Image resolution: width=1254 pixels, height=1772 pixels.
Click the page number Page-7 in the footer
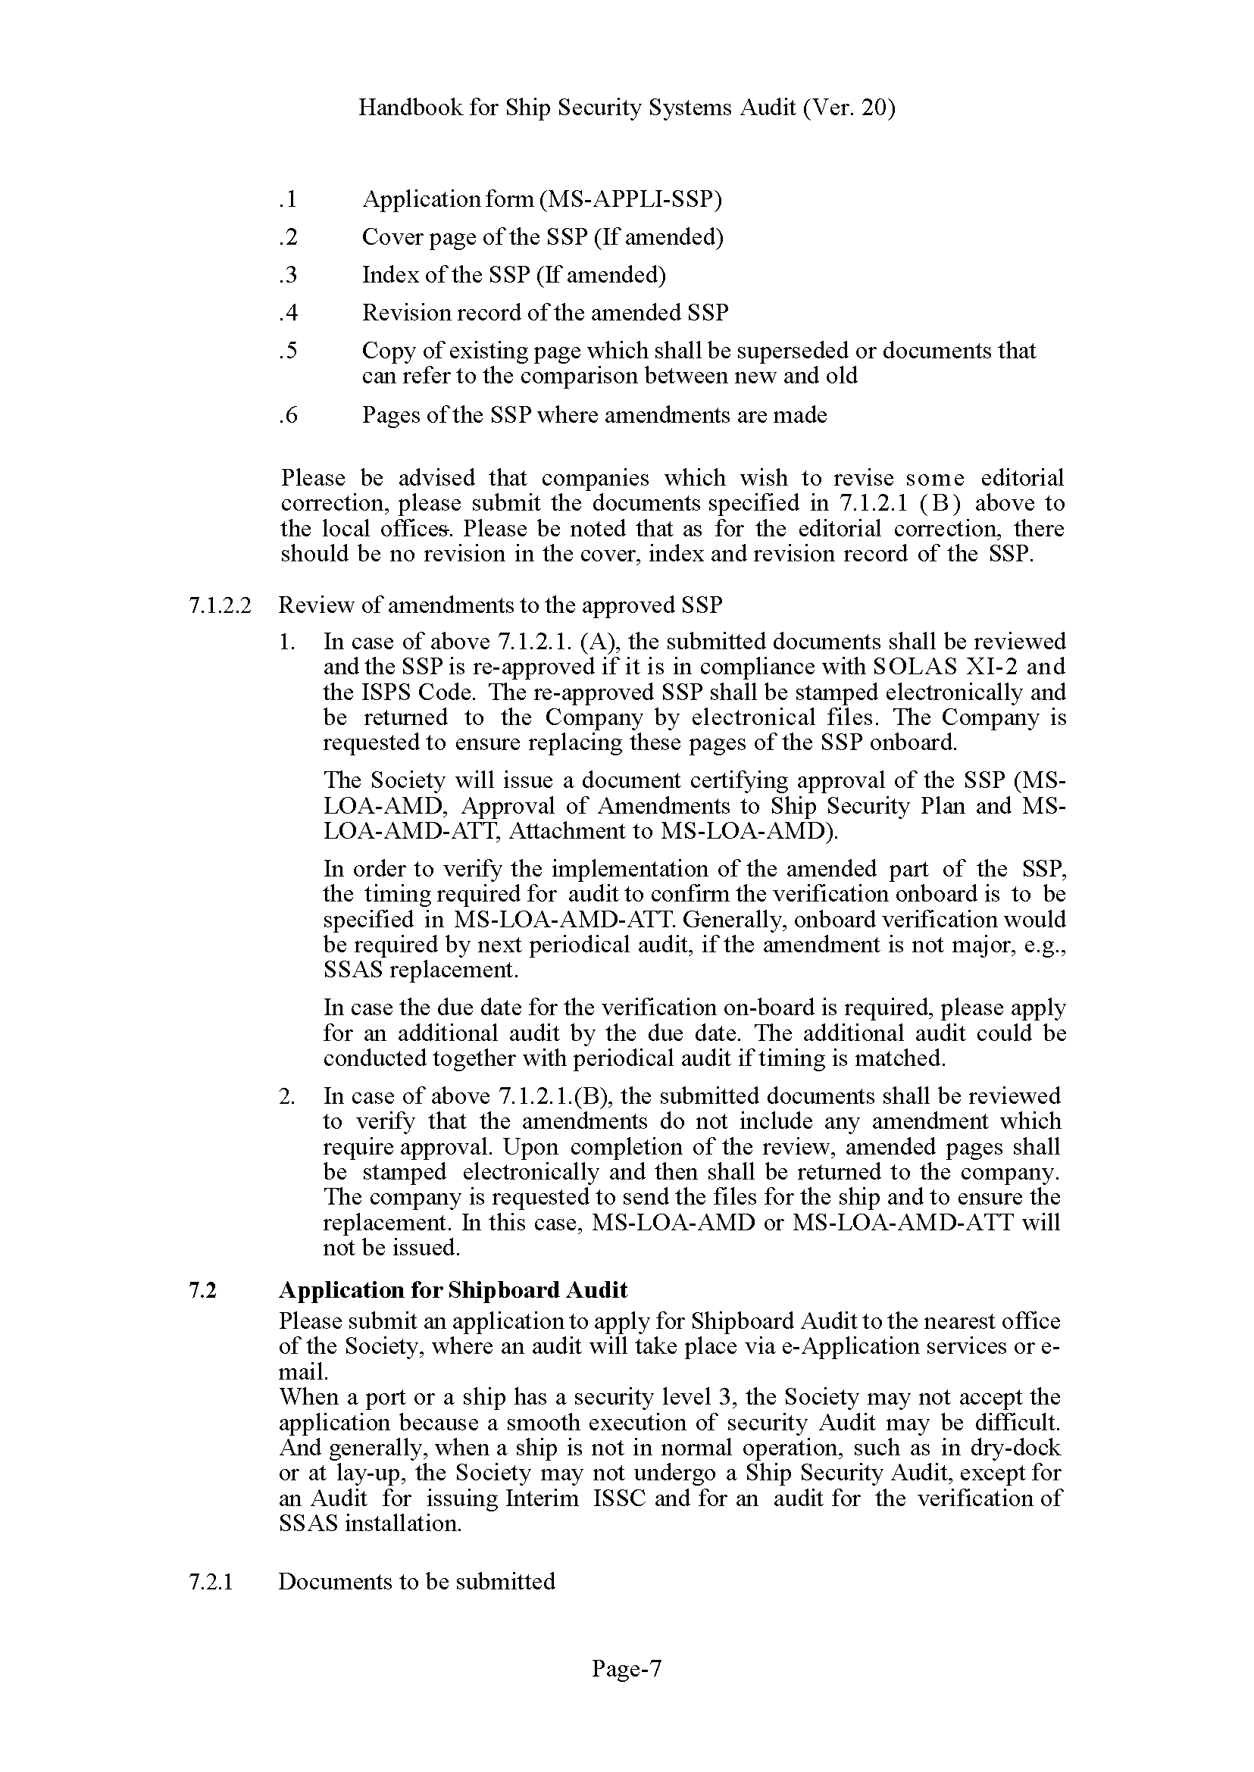626,1668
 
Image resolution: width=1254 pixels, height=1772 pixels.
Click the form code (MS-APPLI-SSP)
630,199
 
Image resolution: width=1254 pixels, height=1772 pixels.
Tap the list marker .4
287,313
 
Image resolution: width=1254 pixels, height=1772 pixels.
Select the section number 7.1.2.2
219,605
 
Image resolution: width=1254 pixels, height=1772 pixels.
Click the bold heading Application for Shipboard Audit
453,1289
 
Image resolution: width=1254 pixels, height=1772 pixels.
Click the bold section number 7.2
202,1289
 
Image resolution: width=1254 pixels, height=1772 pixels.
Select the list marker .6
287,415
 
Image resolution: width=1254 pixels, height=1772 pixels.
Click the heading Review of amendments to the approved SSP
499,605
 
